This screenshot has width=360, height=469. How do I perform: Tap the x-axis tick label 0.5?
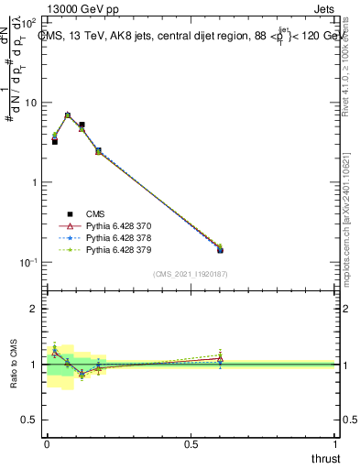(x=192, y=444)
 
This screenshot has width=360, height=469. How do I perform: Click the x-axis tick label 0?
(x=47, y=444)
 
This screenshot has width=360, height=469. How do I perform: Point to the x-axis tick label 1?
(x=336, y=444)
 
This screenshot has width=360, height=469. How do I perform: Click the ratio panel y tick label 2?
(x=35, y=309)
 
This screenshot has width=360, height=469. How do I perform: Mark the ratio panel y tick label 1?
(x=35, y=365)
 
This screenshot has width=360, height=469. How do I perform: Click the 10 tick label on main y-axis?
(x=30, y=103)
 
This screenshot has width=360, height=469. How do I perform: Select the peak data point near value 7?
(x=68, y=115)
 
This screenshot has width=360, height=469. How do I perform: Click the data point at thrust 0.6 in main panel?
(x=220, y=249)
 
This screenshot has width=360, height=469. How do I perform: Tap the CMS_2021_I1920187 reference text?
(x=190, y=274)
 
